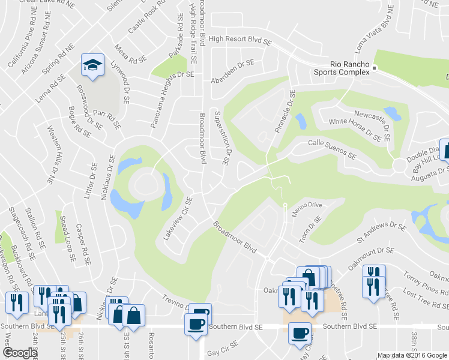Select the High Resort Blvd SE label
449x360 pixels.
(241, 38)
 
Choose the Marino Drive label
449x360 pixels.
(307, 205)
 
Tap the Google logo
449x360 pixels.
(20, 353)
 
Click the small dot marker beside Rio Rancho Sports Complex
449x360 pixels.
(373, 68)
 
